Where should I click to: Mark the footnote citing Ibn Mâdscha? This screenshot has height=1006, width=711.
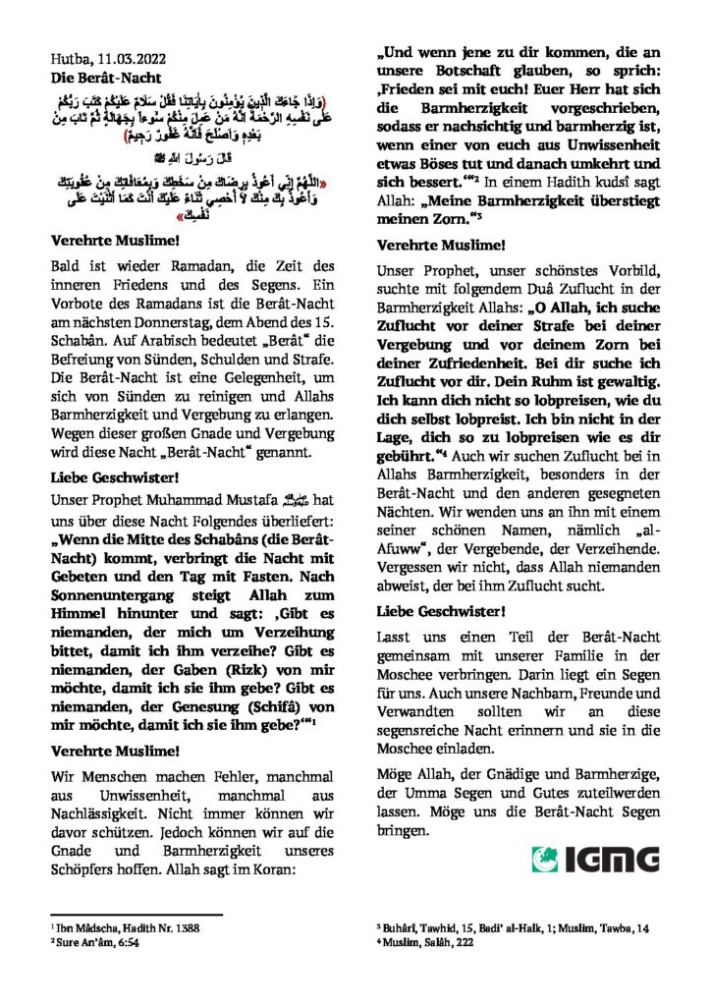pos(107,927)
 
